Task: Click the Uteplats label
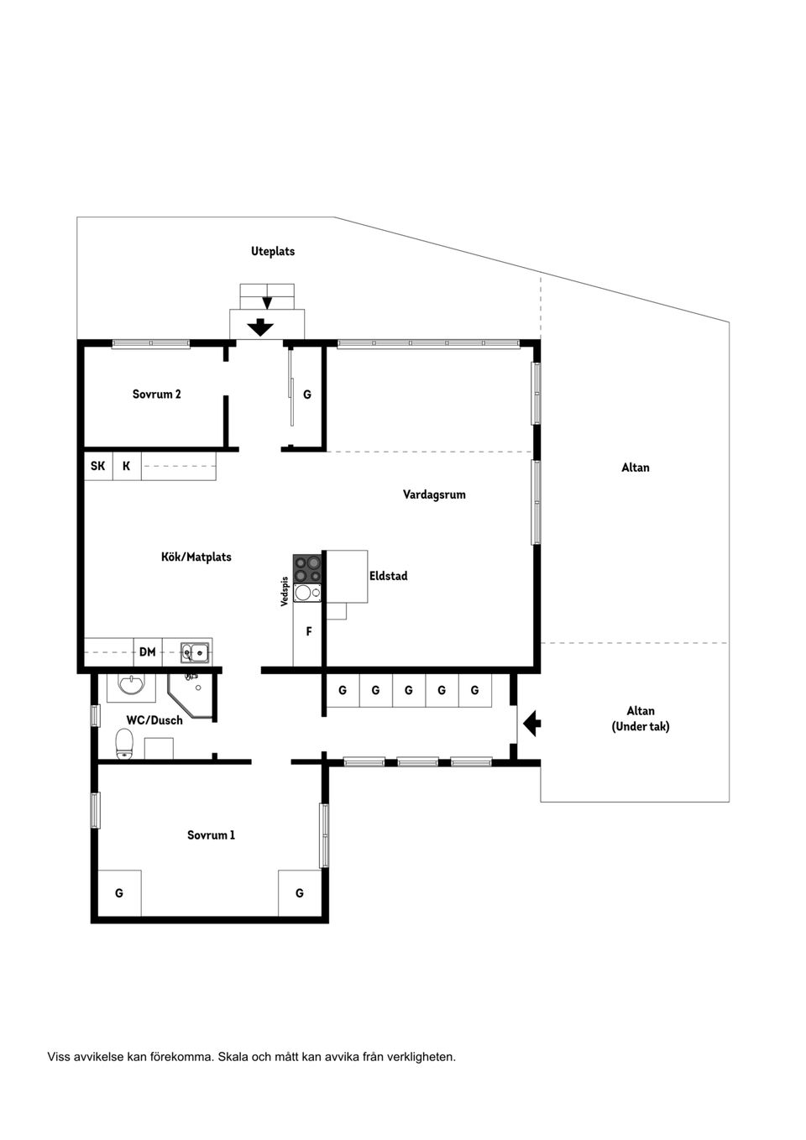tap(273, 251)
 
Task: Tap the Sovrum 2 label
tap(157, 394)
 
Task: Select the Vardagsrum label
tap(434, 494)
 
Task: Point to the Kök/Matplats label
tap(196, 557)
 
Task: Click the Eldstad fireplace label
tap(388, 576)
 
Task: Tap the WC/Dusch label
tap(154, 720)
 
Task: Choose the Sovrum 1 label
tap(212, 834)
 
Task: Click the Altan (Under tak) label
tap(641, 718)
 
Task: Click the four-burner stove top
tap(307, 568)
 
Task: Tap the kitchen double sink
tap(195, 652)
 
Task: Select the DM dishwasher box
tap(148, 652)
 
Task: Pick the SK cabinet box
tap(98, 466)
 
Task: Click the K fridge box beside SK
tap(127, 466)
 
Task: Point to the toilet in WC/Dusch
tap(124, 744)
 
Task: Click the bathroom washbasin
tap(132, 685)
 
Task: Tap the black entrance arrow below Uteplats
tap(260, 327)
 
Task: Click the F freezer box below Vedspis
tap(308, 631)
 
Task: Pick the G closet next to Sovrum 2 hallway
tap(306, 395)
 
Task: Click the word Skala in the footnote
tap(232, 1057)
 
